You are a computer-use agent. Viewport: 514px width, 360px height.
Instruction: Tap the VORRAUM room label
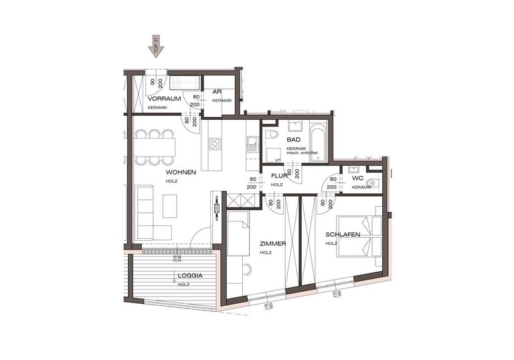(165, 98)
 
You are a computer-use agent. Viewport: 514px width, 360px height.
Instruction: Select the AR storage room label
(217, 92)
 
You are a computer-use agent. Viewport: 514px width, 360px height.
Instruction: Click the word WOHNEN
(181, 172)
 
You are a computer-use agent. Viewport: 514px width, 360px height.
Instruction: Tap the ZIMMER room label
(272, 244)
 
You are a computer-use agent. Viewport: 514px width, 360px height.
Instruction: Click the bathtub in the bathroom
(318, 141)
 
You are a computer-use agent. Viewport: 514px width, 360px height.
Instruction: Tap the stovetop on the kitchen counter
(216, 143)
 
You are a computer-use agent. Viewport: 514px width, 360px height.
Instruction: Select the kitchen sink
(252, 143)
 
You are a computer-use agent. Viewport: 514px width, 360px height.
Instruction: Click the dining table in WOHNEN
(155, 147)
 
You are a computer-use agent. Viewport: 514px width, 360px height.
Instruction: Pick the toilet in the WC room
(373, 183)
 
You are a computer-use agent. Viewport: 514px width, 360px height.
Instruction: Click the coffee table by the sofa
(170, 205)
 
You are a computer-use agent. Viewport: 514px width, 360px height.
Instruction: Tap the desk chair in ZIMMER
(246, 270)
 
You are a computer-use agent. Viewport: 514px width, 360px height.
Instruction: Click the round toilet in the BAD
(272, 134)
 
